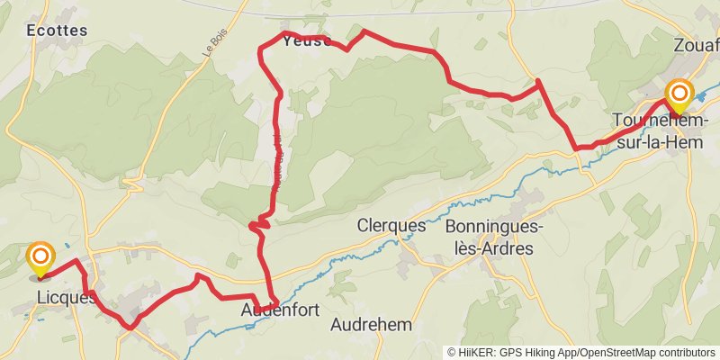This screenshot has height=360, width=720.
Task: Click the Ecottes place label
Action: click(58, 30)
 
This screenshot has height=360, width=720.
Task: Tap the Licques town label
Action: click(65, 297)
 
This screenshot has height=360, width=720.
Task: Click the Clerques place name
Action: click(391, 225)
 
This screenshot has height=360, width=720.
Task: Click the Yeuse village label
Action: click(307, 40)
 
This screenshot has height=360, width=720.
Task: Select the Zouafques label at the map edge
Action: click(696, 44)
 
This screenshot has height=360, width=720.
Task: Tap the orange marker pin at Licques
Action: click(40, 259)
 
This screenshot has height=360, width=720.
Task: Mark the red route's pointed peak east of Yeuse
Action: click(363, 31)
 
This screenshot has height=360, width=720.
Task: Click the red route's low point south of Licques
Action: click(131, 327)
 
